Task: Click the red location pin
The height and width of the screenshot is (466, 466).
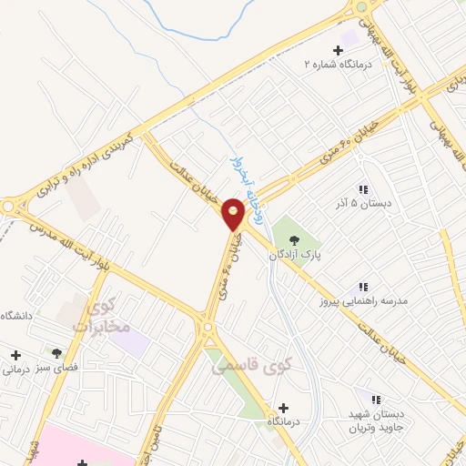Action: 234,214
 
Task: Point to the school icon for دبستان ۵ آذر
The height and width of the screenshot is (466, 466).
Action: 364,189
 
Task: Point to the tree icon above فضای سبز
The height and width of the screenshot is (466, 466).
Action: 56,351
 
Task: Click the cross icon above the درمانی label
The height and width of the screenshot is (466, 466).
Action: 14,353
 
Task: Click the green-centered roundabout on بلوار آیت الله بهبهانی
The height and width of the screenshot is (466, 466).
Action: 361,6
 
